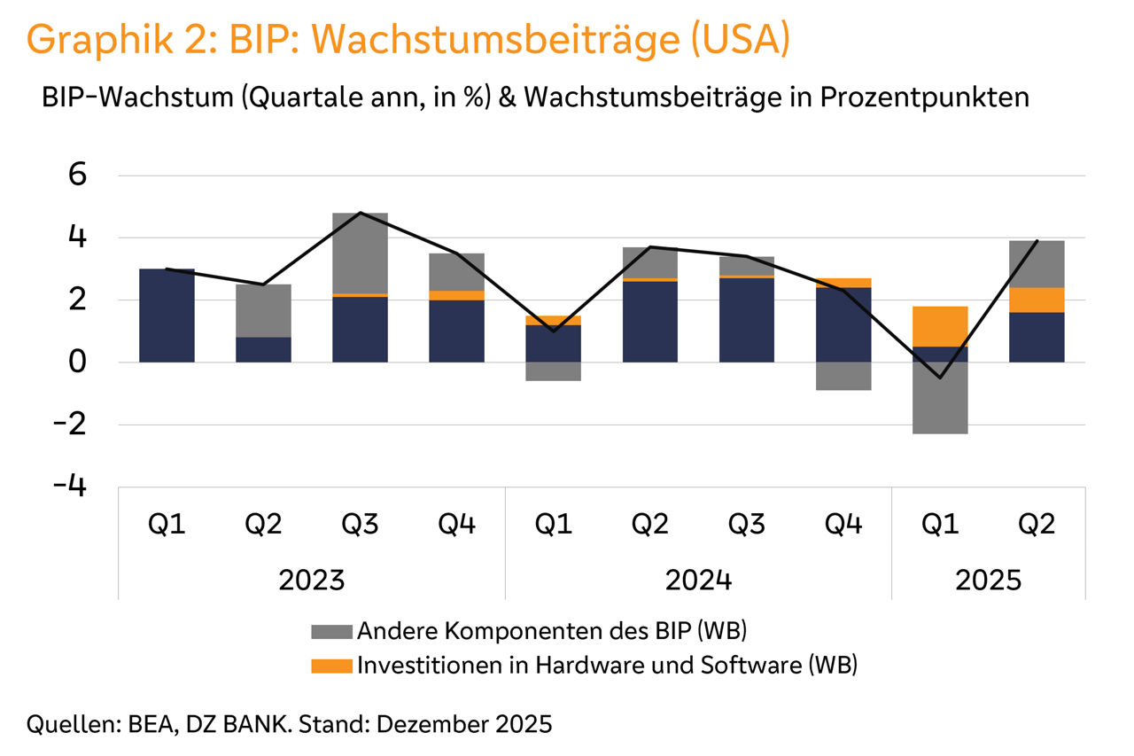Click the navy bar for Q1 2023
167,316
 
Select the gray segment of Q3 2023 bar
360,253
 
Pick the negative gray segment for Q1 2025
940,398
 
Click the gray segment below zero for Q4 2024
843,376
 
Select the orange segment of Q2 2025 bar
1037,300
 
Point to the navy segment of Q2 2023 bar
263,349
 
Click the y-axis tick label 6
78,175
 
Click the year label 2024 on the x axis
698,581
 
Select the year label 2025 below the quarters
988,581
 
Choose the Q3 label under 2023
360,525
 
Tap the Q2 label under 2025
1037,525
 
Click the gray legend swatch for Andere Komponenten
331,632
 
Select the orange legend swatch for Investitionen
331,665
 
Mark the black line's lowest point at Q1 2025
940,378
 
